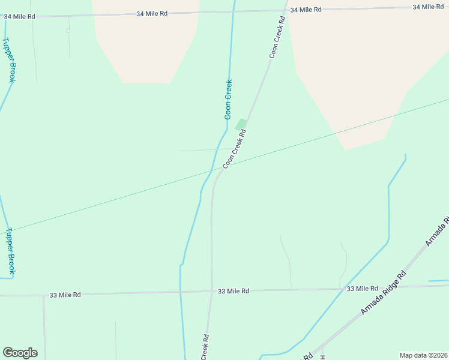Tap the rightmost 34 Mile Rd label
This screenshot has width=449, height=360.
pos(428,7)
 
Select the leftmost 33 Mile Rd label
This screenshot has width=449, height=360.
pos(65,295)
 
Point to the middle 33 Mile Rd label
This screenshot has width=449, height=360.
pos(234,291)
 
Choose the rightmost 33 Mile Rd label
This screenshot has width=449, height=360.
pos(363,289)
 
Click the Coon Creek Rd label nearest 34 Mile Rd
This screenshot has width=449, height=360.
pos(276,37)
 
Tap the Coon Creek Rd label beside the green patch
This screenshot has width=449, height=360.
pos(235,149)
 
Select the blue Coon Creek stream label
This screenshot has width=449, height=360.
pos(228,100)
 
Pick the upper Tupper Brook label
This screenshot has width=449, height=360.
pos(9,60)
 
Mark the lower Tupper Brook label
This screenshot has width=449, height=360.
pos(10,251)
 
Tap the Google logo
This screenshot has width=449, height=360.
pos(20,353)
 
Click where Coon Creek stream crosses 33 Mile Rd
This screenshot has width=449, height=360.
pos(180,292)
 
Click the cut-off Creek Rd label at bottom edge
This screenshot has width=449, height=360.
pos(205,347)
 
